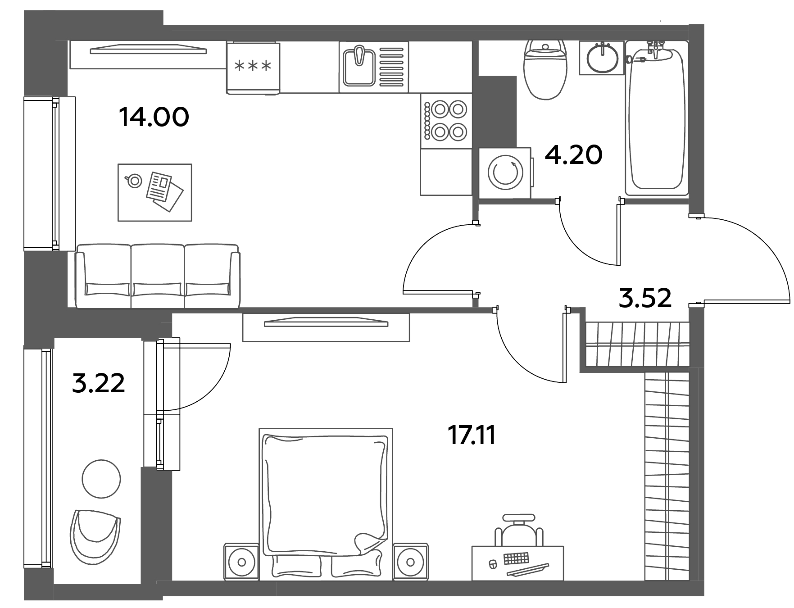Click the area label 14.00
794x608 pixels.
point(154,118)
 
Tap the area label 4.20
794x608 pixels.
point(573,155)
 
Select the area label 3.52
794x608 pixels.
point(645,298)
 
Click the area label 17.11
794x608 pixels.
point(472,436)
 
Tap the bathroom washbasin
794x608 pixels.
point(601,58)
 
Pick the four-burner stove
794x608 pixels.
point(446,121)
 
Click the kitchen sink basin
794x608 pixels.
point(359,67)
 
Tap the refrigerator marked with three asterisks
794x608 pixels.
point(253,68)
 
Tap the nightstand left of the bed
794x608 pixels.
point(241,561)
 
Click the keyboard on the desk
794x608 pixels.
point(516,559)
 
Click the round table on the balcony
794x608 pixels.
point(101,479)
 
